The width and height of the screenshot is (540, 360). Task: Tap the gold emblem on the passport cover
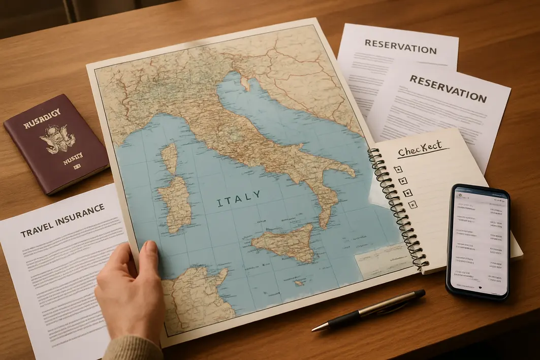coord(56,136)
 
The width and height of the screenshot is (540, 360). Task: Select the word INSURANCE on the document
coord(81,213)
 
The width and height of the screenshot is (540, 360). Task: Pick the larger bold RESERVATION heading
coord(448,88)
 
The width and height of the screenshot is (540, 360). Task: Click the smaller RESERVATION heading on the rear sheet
coord(400,47)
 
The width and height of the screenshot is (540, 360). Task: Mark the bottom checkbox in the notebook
coord(412,204)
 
